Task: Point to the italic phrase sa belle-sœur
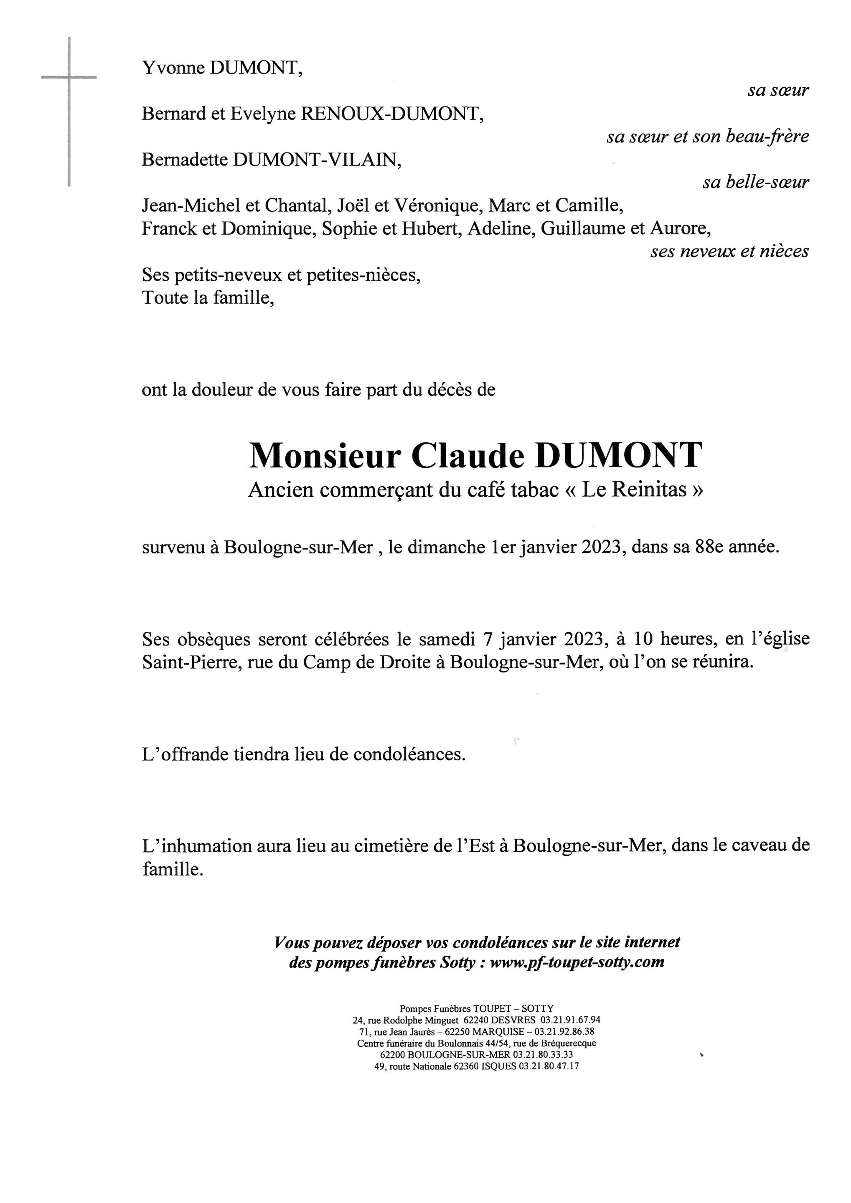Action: tap(755, 183)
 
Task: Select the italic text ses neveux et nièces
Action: tap(729, 251)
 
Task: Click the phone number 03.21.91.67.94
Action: tap(570, 1020)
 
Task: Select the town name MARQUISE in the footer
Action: tap(498, 1032)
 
